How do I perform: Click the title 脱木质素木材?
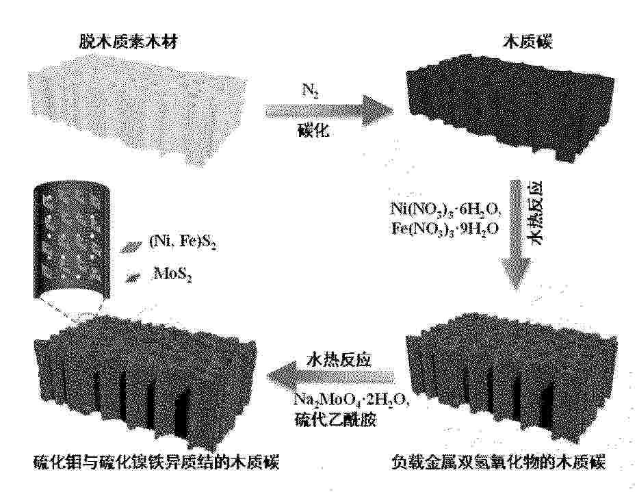click(x=128, y=42)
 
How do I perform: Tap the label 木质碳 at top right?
click(x=528, y=42)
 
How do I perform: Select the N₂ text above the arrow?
click(x=310, y=91)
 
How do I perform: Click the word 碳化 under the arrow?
click(x=312, y=131)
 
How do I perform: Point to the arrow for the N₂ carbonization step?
click(x=329, y=111)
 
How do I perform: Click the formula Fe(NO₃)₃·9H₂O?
click(x=445, y=229)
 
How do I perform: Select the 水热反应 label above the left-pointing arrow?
click(x=339, y=360)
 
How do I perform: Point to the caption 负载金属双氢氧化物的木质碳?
click(x=499, y=463)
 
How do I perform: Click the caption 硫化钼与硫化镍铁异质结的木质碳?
click(x=157, y=463)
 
